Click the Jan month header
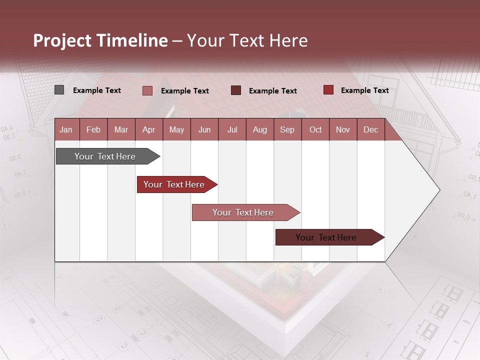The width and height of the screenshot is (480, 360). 66,129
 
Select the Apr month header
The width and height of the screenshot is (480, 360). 148,129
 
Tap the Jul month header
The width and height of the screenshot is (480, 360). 232,129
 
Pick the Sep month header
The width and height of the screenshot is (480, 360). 287,129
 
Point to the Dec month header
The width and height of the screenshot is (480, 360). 370,129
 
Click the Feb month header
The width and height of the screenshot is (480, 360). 93,129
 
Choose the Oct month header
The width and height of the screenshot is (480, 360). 315,129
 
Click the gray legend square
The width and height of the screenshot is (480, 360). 59,90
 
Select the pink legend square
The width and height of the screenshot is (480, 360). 147,90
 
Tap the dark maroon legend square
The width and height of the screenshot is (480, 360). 235,90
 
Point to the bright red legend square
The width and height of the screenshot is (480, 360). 328,90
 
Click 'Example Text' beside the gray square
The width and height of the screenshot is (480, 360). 97,90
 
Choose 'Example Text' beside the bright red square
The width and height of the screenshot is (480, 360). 365,90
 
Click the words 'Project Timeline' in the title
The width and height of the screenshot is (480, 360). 100,40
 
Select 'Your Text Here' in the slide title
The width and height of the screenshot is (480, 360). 247,40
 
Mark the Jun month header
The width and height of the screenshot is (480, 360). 204,129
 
